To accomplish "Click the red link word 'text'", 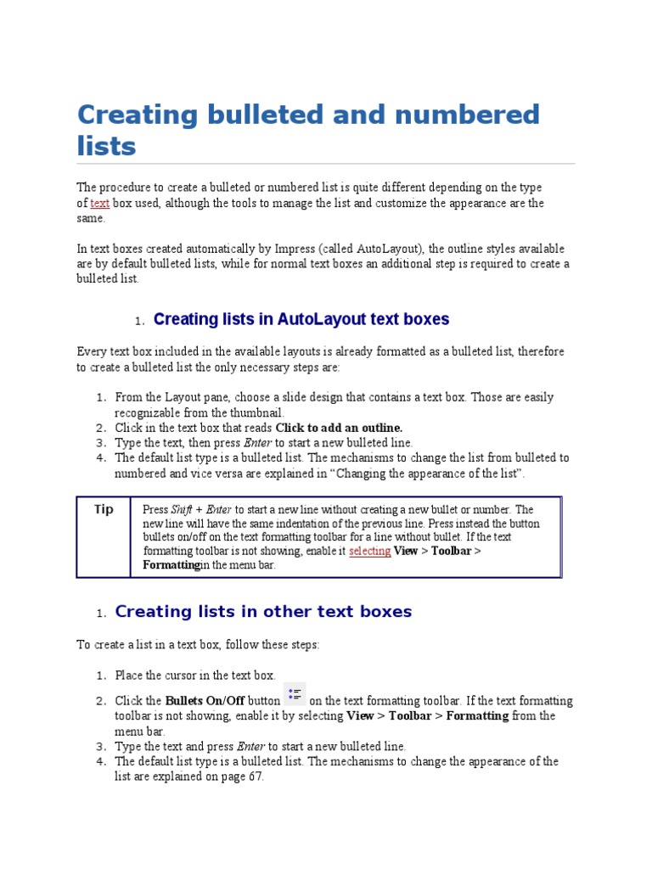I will [x=99, y=204].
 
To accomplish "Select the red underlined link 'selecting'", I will [x=369, y=551].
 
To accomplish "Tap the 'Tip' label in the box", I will [x=104, y=510].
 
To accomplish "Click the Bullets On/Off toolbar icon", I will [x=295, y=695].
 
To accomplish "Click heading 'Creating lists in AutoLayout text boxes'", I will [x=301, y=320].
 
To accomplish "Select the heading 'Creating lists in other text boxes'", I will [x=262, y=612].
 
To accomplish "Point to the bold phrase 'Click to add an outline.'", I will [x=339, y=428].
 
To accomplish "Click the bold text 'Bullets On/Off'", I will [x=205, y=701].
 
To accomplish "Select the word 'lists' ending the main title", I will [x=106, y=146].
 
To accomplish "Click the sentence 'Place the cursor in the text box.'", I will [x=195, y=676].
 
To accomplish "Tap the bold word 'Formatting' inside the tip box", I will [x=171, y=564].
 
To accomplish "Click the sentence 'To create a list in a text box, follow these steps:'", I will [x=198, y=645].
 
